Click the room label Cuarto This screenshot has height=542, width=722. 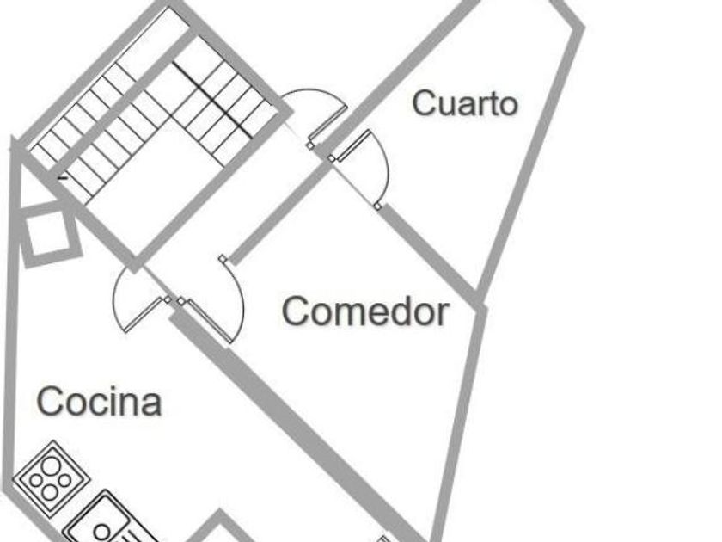(x=465, y=103)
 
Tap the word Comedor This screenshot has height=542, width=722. (x=365, y=311)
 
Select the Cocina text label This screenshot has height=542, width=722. (x=99, y=402)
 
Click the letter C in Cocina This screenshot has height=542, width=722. (x=49, y=402)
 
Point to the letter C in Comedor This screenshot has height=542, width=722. (x=296, y=311)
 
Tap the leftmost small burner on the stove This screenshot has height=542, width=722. (x=35, y=480)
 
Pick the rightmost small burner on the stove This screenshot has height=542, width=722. (x=65, y=481)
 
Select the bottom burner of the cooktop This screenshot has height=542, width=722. (x=50, y=493)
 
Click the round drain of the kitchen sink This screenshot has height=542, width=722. (x=102, y=533)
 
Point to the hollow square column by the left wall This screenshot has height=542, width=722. (x=48, y=234)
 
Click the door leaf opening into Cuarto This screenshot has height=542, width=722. (x=353, y=145)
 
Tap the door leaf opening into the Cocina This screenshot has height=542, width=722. (x=144, y=314)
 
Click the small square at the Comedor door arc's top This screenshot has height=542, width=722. (x=223, y=259)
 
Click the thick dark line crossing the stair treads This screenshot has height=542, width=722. (x=212, y=100)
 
